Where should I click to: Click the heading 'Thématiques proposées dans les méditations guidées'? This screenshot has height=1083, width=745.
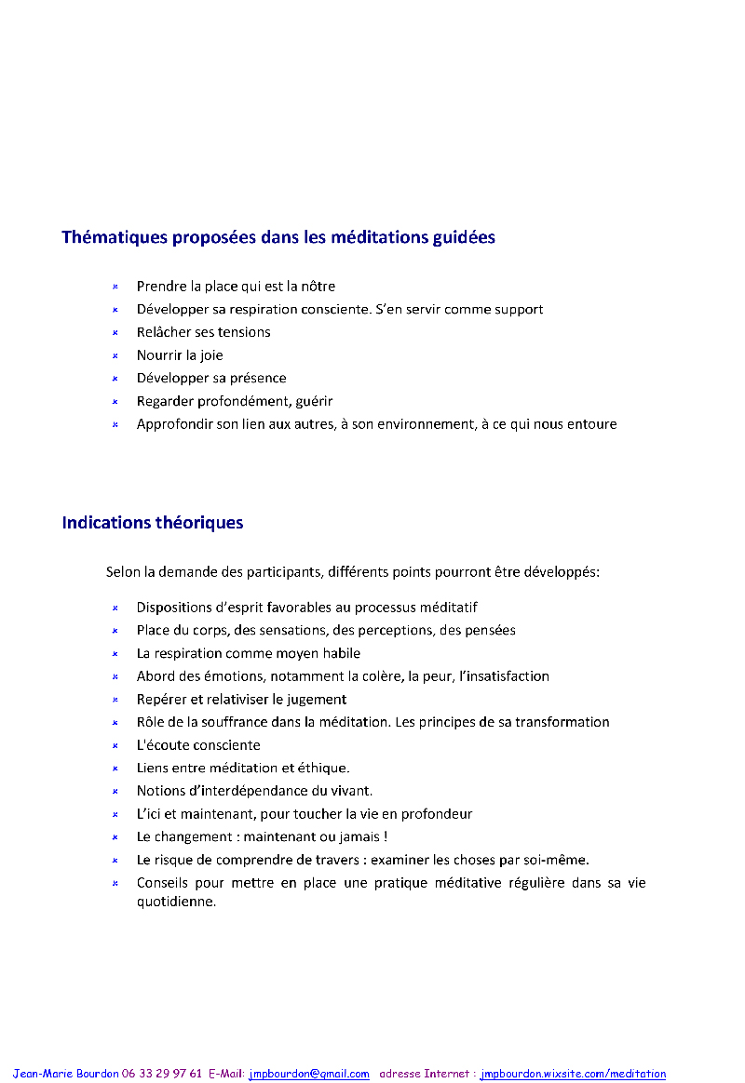point(278,237)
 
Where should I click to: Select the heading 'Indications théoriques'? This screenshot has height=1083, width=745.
point(153,523)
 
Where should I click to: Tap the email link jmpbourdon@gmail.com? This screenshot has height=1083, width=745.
point(309,1074)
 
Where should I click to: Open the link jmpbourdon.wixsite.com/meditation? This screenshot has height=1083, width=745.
point(573,1074)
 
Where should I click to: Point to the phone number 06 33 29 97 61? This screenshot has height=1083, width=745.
point(161,1074)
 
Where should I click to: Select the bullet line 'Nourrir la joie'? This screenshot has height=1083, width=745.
point(180,355)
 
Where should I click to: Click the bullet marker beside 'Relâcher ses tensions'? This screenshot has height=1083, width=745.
point(115,332)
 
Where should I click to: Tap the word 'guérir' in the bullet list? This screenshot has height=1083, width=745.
point(313,401)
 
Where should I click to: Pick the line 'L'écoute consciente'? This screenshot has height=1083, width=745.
point(198,745)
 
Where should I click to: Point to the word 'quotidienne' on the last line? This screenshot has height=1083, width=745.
point(176,902)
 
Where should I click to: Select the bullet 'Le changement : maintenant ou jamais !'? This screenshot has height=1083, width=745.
point(262,836)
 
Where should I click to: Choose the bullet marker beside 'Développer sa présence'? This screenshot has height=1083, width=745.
point(115,379)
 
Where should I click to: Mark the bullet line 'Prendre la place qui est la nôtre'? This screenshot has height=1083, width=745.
point(236,287)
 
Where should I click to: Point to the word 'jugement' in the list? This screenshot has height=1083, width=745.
point(311,700)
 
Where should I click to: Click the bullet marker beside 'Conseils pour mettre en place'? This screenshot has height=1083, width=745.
point(115,883)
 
